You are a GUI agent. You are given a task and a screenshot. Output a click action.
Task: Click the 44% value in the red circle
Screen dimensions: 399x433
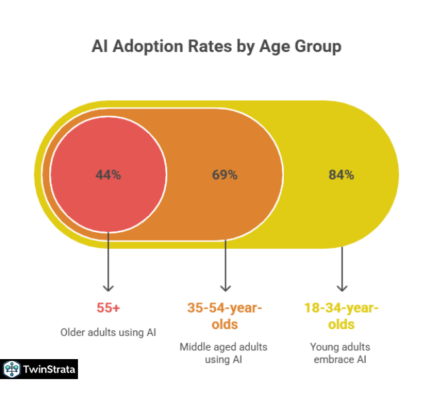pyautogui.click(x=108, y=176)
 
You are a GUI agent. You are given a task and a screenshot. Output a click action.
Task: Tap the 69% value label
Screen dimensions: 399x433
pyautogui.click(x=224, y=176)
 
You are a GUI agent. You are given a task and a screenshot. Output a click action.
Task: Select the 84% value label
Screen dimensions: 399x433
pyautogui.click(x=341, y=176)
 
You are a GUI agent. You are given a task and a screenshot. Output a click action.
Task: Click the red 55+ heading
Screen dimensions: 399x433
pyautogui.click(x=108, y=308)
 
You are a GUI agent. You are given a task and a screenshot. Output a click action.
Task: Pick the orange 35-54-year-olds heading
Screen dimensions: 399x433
pyautogui.click(x=224, y=316)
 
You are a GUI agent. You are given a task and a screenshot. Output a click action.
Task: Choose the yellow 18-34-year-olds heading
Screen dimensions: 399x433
pyautogui.click(x=341, y=316)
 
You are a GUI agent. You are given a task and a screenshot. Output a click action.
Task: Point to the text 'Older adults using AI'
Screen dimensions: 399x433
pyautogui.click(x=108, y=332)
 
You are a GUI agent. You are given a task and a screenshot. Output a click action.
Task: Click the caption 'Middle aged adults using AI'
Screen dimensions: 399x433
pyautogui.click(x=224, y=353)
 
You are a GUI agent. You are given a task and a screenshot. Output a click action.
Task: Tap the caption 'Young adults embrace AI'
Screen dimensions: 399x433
pyautogui.click(x=341, y=353)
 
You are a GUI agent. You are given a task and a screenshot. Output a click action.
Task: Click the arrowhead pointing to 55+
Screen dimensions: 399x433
pyautogui.click(x=108, y=288)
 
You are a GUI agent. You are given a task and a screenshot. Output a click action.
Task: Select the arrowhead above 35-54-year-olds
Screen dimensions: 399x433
pyautogui.click(x=225, y=288)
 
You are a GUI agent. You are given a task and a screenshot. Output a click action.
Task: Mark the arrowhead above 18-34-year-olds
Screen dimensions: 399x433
pyautogui.click(x=342, y=288)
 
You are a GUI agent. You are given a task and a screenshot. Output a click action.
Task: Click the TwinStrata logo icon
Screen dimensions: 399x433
pyautogui.click(x=11, y=369)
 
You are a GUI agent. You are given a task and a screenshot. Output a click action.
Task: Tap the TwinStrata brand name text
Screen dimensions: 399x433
pyautogui.click(x=49, y=369)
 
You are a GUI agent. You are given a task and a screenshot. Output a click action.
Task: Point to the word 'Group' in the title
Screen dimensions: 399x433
pyautogui.click(x=317, y=47)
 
